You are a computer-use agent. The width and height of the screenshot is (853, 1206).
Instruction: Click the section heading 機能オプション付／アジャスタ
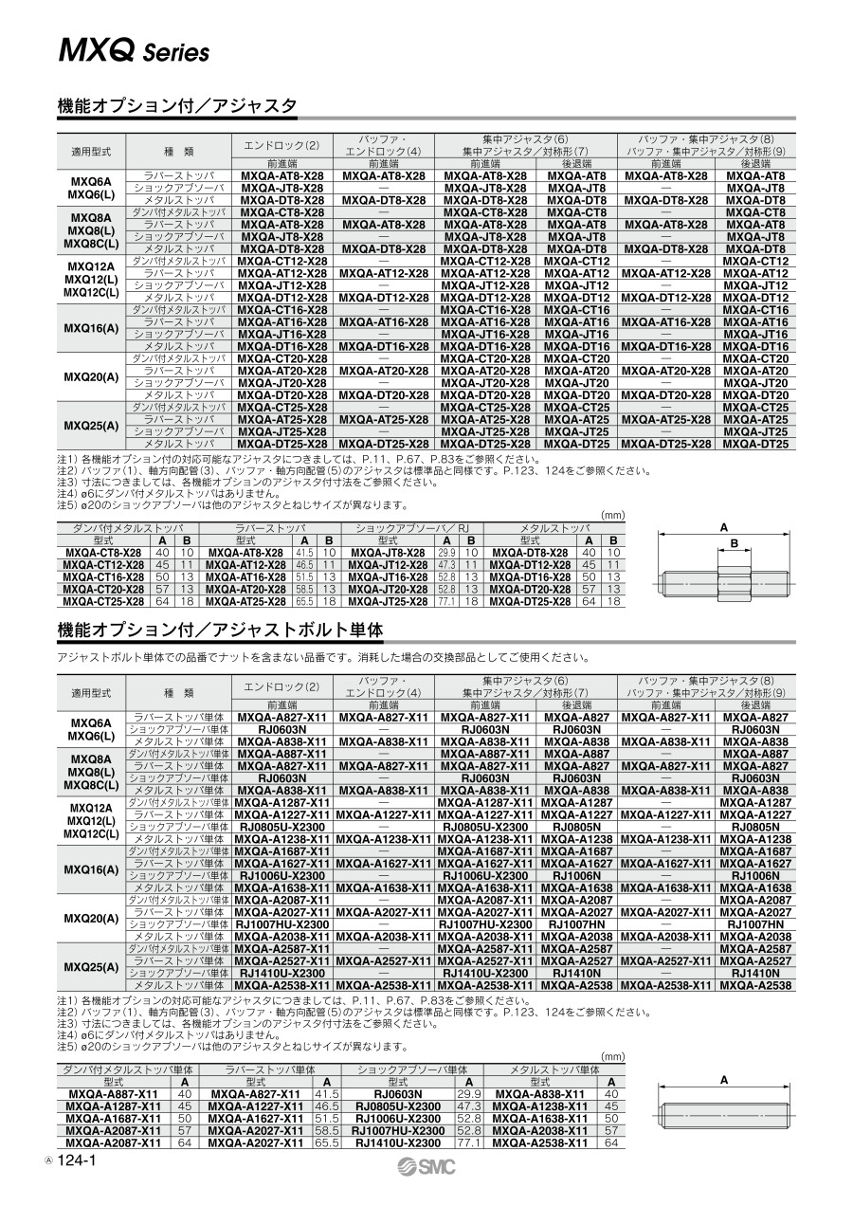[177, 105]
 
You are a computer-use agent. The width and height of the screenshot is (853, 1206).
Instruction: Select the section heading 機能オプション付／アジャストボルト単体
[220, 630]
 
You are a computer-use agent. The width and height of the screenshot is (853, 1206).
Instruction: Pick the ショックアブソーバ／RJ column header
[412, 529]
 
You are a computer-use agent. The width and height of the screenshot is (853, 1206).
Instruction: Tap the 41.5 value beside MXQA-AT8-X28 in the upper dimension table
[304, 553]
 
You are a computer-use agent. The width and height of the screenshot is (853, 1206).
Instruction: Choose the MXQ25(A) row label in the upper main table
[91, 426]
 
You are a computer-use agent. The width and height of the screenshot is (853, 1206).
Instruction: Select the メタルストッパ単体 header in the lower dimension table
[555, 1069]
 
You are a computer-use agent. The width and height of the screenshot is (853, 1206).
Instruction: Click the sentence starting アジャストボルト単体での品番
[322, 657]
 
